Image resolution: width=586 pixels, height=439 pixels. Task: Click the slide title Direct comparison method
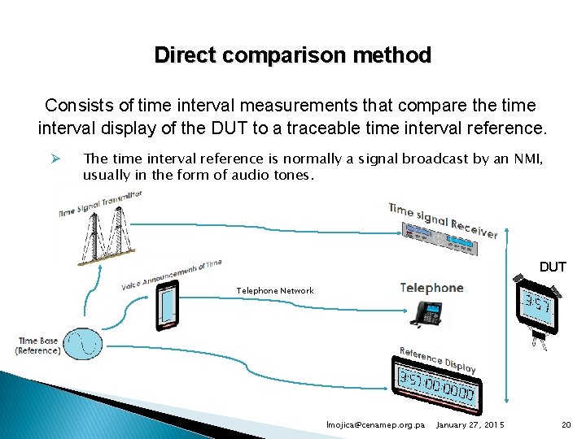pos(292,55)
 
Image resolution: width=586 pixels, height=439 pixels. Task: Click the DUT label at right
pos(553,267)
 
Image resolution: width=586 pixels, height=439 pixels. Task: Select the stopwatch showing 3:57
pos(537,307)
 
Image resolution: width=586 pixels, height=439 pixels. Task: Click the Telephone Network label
pos(274,290)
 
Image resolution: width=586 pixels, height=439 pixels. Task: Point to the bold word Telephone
pos(431,288)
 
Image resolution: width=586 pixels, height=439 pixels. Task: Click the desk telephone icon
pos(426,314)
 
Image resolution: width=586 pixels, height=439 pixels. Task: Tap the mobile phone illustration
pos(168,306)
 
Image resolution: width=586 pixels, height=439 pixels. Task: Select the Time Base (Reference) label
pos(38,346)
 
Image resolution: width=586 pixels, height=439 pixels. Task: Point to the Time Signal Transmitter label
pos(99,203)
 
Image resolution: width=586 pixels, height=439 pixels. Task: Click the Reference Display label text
pos(438,359)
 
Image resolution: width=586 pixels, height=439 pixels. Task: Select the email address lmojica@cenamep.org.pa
pos(374,425)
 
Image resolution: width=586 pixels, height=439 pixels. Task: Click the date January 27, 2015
pos(470,425)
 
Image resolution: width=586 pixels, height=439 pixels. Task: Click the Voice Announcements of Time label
pos(172,274)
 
